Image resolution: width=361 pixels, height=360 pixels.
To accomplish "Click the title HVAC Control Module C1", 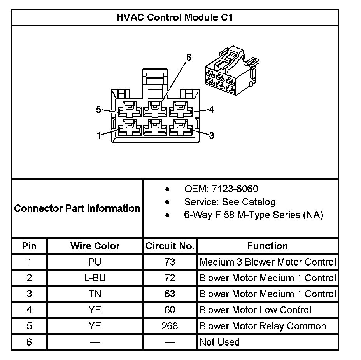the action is tap(175, 17).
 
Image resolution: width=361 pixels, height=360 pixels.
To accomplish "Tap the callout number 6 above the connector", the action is tap(189, 58).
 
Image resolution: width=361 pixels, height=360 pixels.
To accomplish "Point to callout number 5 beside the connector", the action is tap(99, 110).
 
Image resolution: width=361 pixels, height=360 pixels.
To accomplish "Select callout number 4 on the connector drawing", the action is tap(211, 110).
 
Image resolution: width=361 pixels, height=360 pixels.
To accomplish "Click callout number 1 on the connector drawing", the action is tap(99, 135).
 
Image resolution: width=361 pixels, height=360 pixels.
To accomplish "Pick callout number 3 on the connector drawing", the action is tap(211, 135).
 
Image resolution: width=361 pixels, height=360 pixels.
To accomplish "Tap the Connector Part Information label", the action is tap(77, 208).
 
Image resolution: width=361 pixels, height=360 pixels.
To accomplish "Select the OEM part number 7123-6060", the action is tap(221, 189).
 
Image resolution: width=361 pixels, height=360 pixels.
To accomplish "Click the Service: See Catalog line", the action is tap(230, 202).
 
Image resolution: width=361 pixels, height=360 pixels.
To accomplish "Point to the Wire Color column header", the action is tap(95, 246).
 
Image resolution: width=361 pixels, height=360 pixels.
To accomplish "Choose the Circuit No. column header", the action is tap(170, 246).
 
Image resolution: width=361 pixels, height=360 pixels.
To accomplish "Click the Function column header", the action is tap(268, 246).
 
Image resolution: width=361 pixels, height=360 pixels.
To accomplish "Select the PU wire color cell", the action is tap(95, 262).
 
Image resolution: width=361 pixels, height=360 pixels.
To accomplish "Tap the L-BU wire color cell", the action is tap(95, 278).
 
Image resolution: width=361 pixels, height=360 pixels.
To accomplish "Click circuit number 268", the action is tap(170, 326).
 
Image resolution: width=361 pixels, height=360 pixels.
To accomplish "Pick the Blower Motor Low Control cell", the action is tap(255, 310).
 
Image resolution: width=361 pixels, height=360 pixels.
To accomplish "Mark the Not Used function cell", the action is tap(219, 342).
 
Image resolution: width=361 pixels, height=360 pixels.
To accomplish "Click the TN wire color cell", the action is tap(95, 294).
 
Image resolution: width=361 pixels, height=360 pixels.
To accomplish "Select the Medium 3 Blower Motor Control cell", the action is tap(268, 262).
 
